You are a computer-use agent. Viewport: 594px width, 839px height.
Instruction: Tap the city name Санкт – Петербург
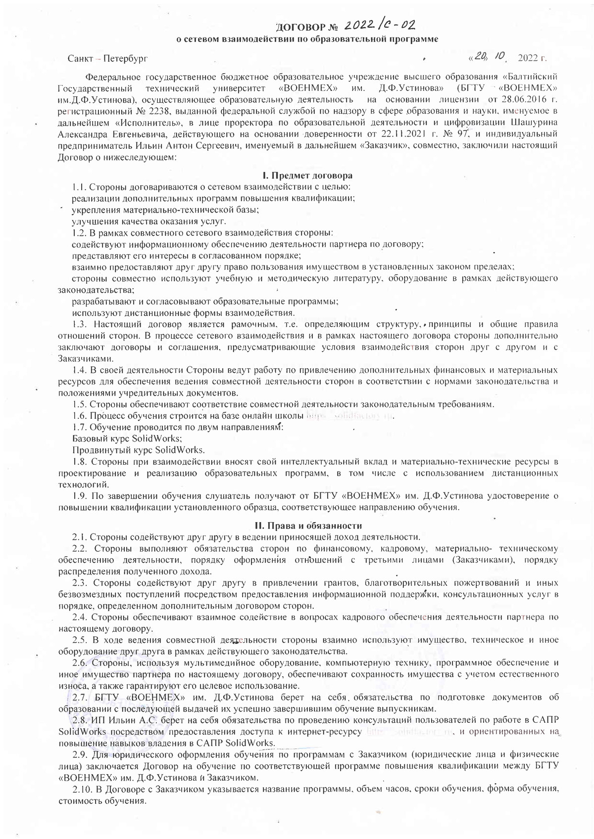pyautogui.click(x=108, y=59)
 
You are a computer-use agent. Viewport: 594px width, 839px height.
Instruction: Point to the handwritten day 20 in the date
pyautogui.click(x=480, y=57)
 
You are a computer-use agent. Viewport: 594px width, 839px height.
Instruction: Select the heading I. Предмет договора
pyautogui.click(x=307, y=176)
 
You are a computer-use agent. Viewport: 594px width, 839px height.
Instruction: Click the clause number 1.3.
pyautogui.click(x=80, y=325)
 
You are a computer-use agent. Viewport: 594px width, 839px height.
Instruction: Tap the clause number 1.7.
pyautogui.click(x=80, y=427)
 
